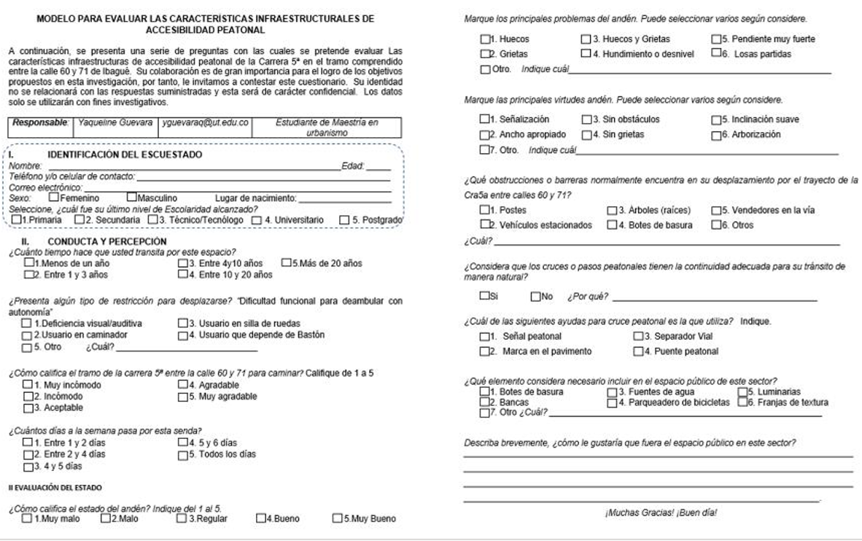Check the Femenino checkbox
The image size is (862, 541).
point(53,197)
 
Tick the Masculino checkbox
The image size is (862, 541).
point(131,197)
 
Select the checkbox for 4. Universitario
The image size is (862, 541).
point(257,219)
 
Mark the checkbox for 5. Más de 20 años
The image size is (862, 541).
point(286,263)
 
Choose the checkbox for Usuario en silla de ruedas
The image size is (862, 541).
point(182,323)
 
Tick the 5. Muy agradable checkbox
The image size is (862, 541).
point(182,397)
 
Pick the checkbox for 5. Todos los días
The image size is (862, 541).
point(182,454)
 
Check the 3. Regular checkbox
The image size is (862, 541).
point(181,518)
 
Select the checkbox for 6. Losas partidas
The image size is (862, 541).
point(716,54)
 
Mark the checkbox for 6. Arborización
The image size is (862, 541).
point(716,135)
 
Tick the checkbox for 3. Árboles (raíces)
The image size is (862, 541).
point(611,211)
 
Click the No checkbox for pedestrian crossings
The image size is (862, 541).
point(536,297)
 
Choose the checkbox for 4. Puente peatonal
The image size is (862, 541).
point(637,351)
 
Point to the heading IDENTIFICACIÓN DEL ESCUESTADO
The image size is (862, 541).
point(125,155)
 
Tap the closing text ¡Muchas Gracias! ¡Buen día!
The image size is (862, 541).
point(661,513)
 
